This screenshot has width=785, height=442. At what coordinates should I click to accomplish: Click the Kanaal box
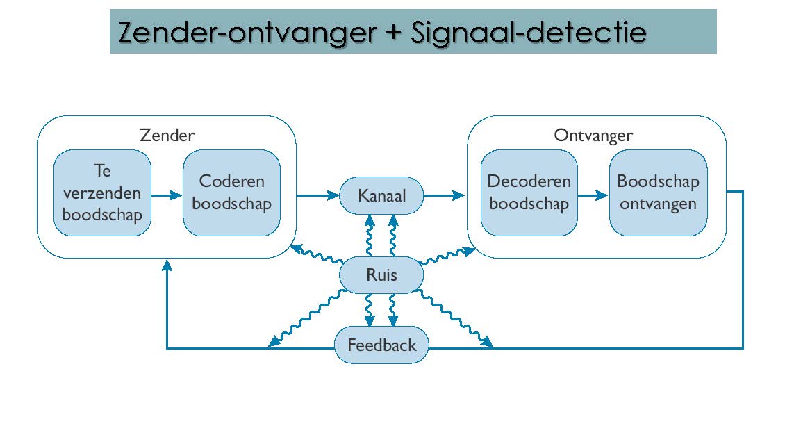(381, 196)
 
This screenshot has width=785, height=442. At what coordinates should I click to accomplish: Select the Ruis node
(381, 275)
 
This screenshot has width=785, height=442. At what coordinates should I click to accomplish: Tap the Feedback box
(381, 345)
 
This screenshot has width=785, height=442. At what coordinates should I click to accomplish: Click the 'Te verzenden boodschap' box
(102, 193)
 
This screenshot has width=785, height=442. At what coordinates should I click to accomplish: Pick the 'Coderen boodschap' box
(232, 193)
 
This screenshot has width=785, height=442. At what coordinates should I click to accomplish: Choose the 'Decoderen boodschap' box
(529, 193)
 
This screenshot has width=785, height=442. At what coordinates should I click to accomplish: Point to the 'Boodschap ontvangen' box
(659, 193)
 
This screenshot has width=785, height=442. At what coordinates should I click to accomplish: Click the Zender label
(167, 135)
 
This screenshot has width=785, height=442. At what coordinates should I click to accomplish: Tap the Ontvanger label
(593, 135)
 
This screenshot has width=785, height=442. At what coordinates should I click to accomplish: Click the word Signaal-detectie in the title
(529, 33)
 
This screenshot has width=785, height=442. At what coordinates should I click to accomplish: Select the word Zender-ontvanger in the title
(247, 33)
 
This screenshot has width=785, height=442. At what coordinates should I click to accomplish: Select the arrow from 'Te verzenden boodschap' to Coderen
(167, 195)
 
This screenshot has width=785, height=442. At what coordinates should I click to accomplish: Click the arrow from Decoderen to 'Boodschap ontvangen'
(593, 195)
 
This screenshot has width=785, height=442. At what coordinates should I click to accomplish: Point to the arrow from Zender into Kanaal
(318, 195)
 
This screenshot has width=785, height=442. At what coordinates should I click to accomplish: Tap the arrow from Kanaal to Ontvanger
(445, 195)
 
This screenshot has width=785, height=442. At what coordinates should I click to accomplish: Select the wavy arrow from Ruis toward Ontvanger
(447, 255)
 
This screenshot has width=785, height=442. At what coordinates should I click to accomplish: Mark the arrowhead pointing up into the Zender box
(167, 265)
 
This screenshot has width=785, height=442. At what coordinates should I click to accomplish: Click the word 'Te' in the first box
(102, 171)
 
